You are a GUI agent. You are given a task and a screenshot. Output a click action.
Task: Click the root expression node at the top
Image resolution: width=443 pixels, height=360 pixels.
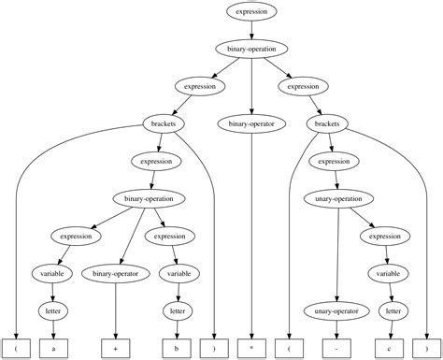pos(251,11)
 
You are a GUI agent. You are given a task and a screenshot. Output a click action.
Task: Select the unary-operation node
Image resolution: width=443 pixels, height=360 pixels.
pos(337,199)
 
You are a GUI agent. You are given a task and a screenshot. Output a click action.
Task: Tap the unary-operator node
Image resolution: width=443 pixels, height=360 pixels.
pos(336,310)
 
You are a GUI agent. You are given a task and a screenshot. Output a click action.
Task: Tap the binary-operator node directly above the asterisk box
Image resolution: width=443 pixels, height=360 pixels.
pos(252,123)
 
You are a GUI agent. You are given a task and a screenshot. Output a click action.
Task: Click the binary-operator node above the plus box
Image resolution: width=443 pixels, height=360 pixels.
pos(115,273)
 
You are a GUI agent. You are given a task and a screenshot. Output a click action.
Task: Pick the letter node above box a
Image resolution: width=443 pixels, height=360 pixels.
pos(53,310)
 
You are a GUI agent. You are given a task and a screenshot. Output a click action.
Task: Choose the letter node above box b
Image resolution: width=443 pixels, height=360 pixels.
pos(176,310)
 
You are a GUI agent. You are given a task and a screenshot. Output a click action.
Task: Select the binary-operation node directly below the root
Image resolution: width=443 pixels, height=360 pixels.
pos(251,49)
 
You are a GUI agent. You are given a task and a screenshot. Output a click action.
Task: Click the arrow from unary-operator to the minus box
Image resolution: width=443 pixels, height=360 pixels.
pos(336,329)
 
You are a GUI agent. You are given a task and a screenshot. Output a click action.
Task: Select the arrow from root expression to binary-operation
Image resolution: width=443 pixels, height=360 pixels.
pos(251,30)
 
